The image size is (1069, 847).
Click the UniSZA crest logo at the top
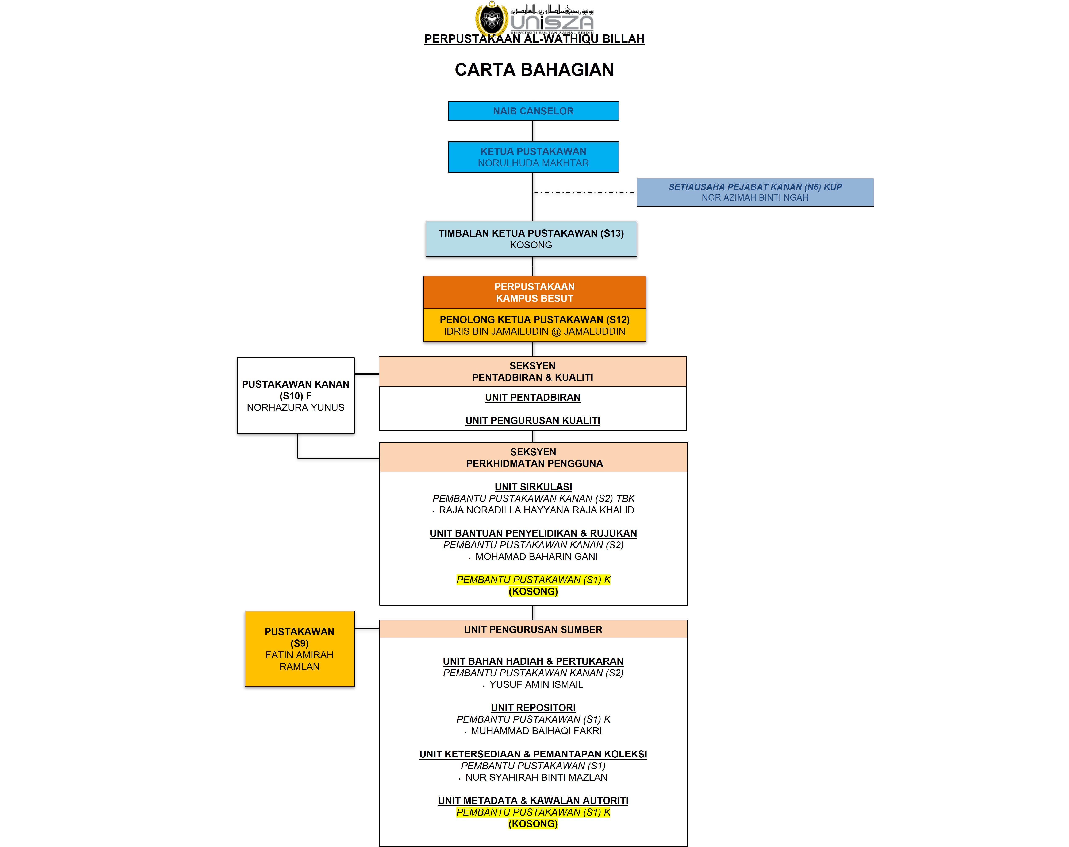click(x=492, y=19)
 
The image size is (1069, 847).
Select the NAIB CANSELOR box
click(x=533, y=111)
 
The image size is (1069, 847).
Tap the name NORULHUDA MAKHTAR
click(x=533, y=163)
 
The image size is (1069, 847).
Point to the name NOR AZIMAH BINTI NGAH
click(x=755, y=197)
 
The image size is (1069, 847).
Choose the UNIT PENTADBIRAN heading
click(x=533, y=397)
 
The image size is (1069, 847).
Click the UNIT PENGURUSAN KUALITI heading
click(x=533, y=421)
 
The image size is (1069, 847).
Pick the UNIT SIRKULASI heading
click(x=533, y=487)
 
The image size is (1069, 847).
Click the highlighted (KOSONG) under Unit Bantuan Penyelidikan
click(x=533, y=591)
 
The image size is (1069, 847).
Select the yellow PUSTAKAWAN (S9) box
click(x=299, y=649)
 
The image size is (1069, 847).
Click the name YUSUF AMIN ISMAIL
click(x=536, y=684)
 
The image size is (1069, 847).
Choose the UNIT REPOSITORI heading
click(x=533, y=708)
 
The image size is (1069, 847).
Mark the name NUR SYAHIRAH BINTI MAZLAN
click(x=536, y=777)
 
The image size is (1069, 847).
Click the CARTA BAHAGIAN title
click(x=534, y=69)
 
